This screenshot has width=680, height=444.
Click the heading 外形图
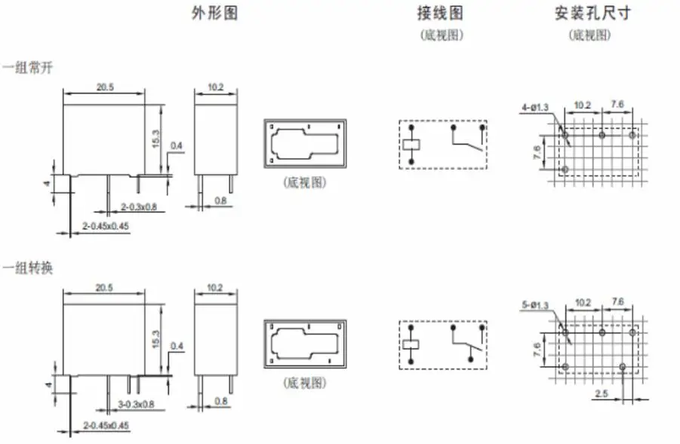[214, 13]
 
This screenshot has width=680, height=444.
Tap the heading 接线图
[440, 13]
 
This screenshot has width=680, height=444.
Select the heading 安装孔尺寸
[592, 13]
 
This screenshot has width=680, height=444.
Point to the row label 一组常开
[27, 68]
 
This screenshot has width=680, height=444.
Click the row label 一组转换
[27, 268]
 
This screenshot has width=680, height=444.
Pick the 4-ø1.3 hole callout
[535, 106]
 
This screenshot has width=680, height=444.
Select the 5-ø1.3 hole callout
[535, 305]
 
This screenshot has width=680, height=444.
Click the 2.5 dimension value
[602, 393]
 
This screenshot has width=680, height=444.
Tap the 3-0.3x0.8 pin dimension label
[136, 404]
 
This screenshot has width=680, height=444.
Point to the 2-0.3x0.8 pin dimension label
[139, 207]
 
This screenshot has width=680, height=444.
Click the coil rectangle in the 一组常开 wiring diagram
[411, 145]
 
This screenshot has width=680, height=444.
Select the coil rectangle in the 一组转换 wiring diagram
[411, 344]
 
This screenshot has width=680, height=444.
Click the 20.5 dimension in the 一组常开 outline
[104, 87]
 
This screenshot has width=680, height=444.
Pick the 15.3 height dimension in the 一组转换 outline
[156, 339]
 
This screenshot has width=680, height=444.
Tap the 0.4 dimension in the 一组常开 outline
[176, 145]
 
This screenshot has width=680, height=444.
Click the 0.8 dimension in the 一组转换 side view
[220, 401]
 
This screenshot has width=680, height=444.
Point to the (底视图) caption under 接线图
[442, 35]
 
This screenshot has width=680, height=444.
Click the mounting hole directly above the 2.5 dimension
[623, 367]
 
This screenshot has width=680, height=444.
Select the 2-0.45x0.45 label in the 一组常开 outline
[106, 225]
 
